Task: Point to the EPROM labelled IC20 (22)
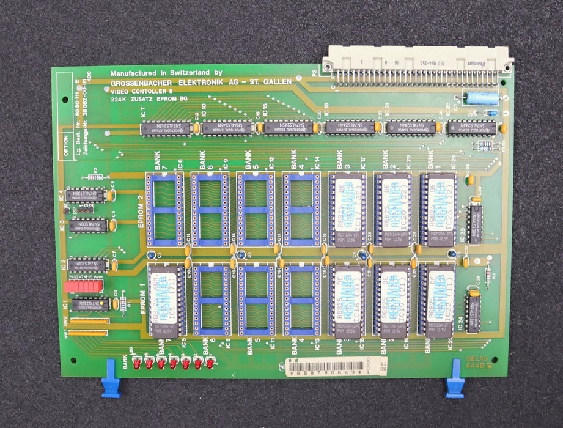click(x=392, y=208)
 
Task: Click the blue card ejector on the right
click(x=454, y=378)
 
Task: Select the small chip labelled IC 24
click(x=473, y=312)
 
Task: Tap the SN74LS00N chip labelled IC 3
click(x=88, y=226)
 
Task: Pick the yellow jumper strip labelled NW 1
click(x=87, y=333)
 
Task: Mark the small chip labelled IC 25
click(x=474, y=224)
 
